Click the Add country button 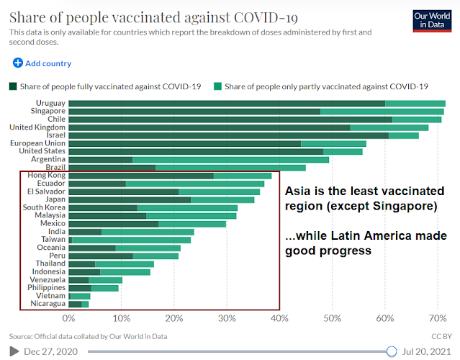tap(42, 63)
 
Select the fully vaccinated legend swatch tap(13, 86)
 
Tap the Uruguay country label tap(50, 103)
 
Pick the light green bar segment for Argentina tap(230, 159)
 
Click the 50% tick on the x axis tap(333, 317)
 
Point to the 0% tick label tap(69, 317)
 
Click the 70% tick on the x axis tap(438, 317)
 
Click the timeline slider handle tap(391, 351)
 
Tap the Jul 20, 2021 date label tap(426, 351)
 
